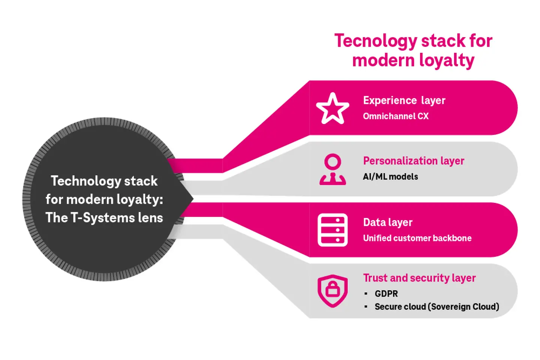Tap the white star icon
[x=332, y=108]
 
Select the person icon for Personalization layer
[x=333, y=169]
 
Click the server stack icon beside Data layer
[x=333, y=230]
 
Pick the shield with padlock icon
[x=333, y=291]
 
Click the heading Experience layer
[x=404, y=100]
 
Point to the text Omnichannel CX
[x=396, y=116]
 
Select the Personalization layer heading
[x=413, y=161]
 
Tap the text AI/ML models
[x=390, y=177]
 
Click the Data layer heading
[x=387, y=222]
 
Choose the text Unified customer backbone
[x=417, y=238]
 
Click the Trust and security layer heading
[x=419, y=278]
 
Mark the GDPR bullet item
[x=386, y=294]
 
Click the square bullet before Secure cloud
[x=366, y=306]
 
